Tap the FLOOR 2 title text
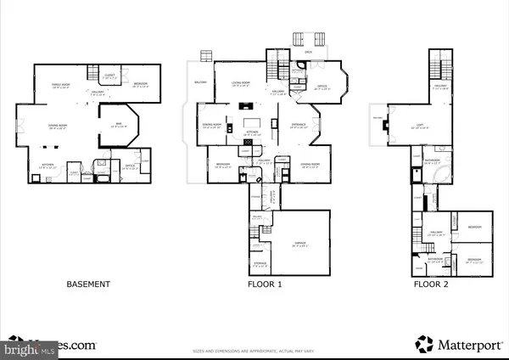pos(432,284)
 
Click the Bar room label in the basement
pos(120,125)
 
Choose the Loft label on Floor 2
pos(407,127)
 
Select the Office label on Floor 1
pos(322,87)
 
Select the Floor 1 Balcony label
pos(201,82)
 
